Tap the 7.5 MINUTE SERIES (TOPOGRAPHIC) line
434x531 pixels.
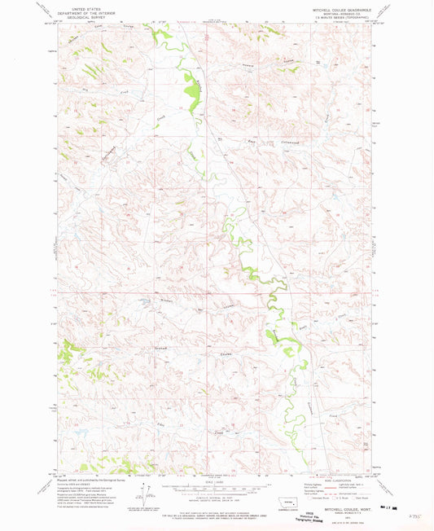tap(338, 16)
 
